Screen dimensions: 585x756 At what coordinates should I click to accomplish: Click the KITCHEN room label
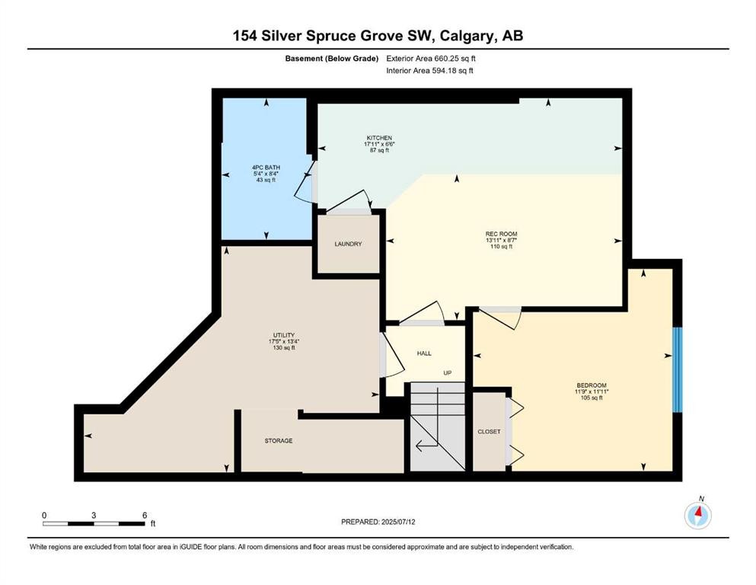(378, 138)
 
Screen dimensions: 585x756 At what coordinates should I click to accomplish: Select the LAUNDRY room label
(348, 244)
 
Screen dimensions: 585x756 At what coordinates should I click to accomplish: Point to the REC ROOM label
(496, 233)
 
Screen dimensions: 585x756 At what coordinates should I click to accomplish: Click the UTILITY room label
(283, 334)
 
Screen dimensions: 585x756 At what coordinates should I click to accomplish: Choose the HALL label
(424, 353)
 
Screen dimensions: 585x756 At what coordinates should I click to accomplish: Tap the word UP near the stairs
(448, 372)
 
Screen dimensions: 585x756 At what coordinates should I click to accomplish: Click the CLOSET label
(489, 432)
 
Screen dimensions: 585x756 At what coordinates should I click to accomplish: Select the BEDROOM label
(592, 385)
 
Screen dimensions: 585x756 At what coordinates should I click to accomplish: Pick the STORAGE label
(279, 441)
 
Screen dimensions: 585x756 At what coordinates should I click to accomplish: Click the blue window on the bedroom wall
(677, 369)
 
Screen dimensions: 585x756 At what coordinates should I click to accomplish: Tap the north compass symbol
(697, 516)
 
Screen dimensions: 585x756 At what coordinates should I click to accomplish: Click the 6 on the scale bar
(143, 515)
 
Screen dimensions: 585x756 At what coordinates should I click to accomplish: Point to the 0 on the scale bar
(44, 515)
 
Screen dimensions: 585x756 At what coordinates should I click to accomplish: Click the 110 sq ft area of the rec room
(496, 247)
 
